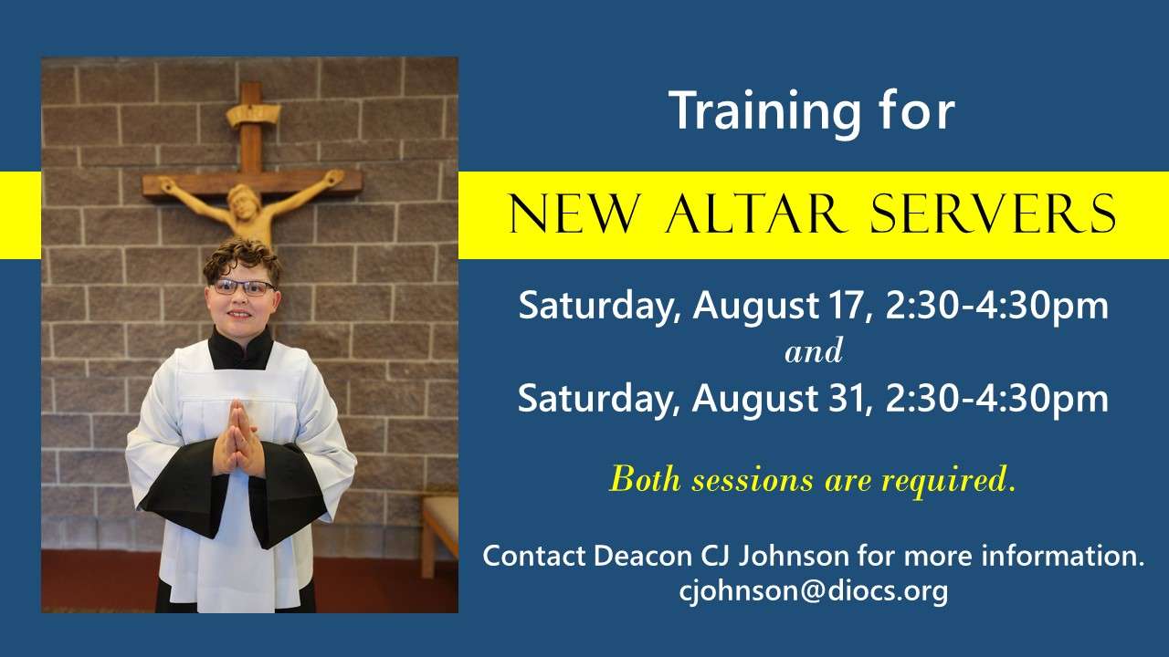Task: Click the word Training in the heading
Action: click(764, 111)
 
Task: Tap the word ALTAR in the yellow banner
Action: click(754, 214)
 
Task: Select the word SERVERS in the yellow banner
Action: click(993, 214)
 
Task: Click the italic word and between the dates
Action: click(814, 351)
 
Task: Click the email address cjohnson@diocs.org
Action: click(813, 591)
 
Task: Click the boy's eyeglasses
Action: click(244, 287)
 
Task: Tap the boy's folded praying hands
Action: click(239, 439)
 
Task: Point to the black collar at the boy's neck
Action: click(240, 349)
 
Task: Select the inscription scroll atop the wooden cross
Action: click(252, 115)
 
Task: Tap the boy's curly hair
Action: click(242, 259)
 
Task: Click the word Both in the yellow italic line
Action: click(646, 479)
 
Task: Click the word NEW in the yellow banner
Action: click(574, 214)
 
